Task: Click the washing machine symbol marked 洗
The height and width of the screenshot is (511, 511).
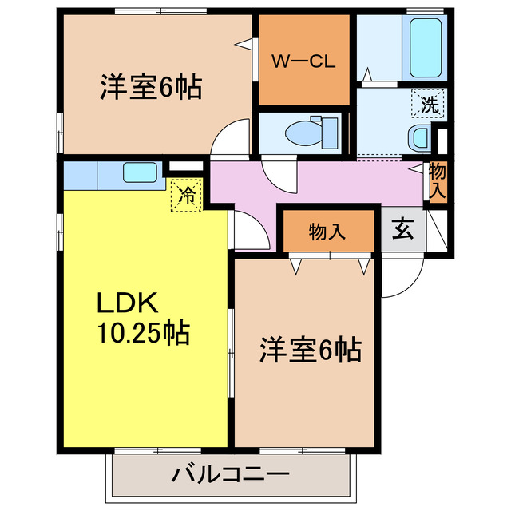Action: (429, 103)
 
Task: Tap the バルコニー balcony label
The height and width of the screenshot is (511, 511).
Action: (230, 476)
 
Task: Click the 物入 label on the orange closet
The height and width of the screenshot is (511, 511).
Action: (327, 232)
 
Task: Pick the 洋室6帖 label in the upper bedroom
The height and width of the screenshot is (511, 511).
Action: (149, 86)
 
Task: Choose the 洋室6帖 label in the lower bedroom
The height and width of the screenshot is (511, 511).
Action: (310, 349)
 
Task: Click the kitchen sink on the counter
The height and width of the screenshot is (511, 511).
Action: (140, 172)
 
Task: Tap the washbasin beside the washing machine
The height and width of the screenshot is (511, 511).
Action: (420, 138)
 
